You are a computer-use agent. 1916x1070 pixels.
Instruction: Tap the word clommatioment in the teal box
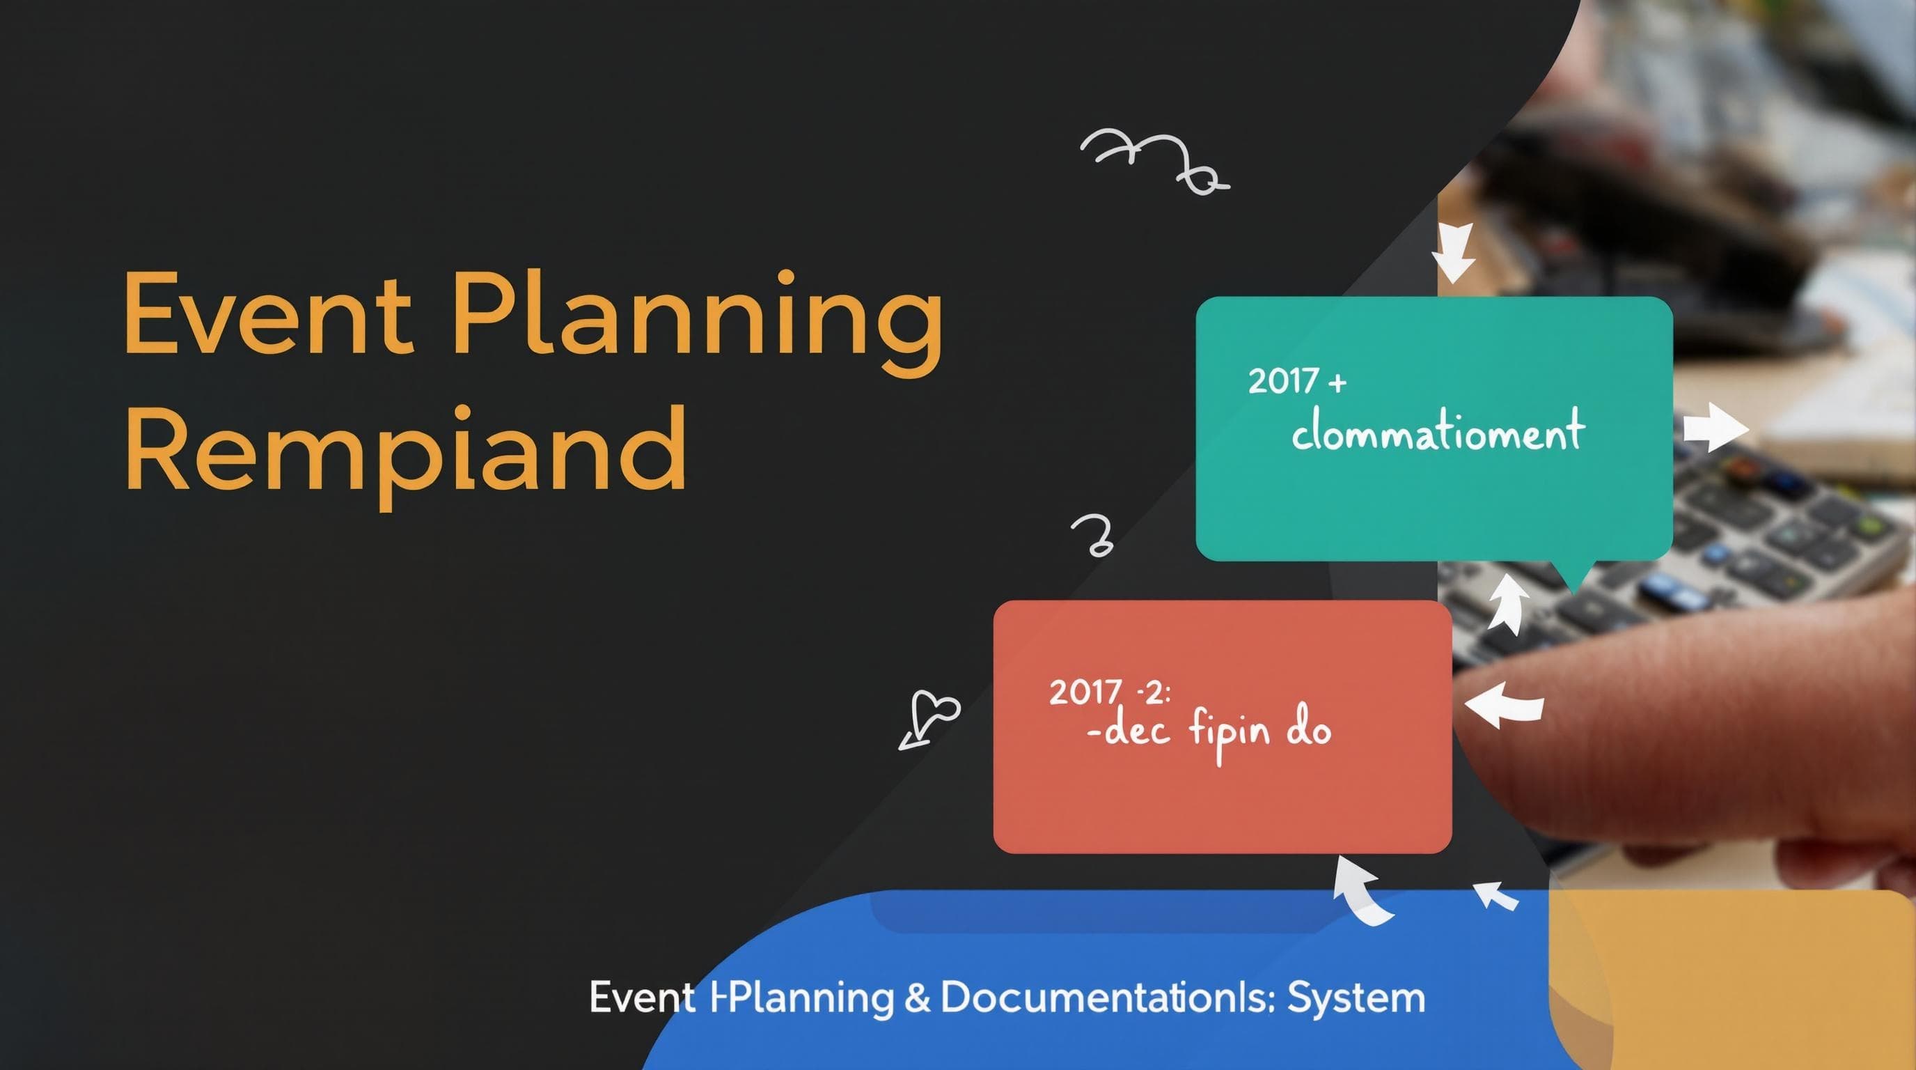(1437, 432)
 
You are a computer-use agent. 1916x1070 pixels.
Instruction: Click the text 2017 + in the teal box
(1296, 382)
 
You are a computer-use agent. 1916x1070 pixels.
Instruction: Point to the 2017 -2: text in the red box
(1108, 692)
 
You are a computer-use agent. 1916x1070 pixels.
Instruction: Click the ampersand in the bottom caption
(916, 998)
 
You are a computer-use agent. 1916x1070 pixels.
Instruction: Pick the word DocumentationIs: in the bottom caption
(1108, 998)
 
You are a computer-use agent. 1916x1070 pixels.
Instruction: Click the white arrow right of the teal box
(1714, 427)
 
